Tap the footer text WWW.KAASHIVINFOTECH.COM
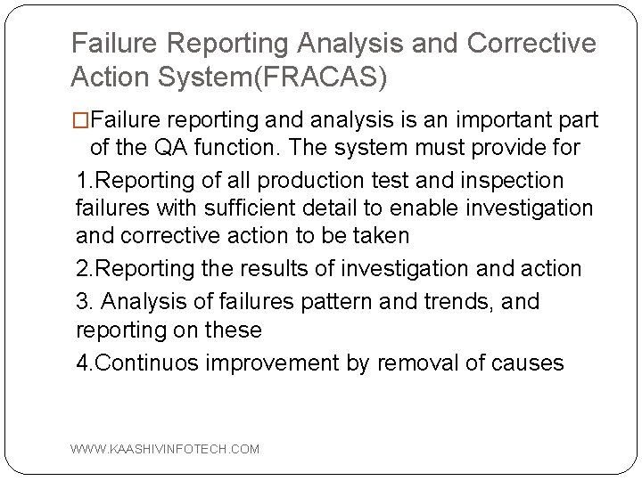coord(166,449)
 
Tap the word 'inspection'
coord(511,181)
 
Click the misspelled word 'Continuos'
coord(158,363)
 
